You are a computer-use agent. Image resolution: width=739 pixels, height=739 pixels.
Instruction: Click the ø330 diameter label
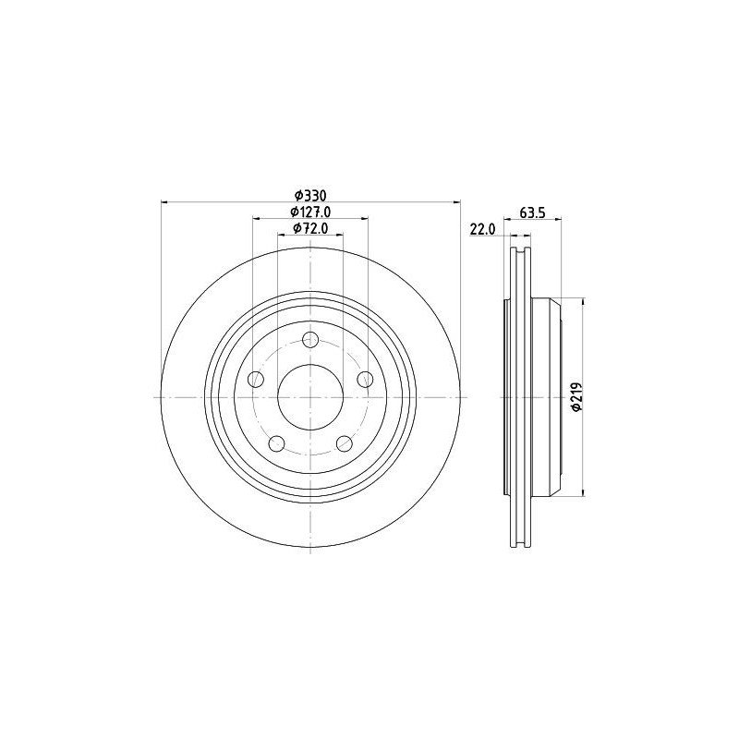[310, 195]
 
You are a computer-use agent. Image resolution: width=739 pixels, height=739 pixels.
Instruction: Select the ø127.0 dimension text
[310, 212]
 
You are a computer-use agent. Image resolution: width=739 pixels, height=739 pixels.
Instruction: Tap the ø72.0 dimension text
[310, 228]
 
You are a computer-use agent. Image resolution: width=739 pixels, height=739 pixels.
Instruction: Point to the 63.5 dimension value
[532, 212]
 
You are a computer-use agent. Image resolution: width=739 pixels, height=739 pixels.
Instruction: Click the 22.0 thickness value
[482, 229]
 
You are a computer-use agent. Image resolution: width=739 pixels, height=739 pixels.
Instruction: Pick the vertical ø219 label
[577, 396]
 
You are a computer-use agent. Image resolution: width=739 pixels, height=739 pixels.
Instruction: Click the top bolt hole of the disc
[310, 339]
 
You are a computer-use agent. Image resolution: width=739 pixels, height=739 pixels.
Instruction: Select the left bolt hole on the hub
[256, 379]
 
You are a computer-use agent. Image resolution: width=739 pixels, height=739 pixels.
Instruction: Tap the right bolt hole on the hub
[365, 379]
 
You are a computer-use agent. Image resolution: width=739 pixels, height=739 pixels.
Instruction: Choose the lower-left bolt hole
[276, 443]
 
